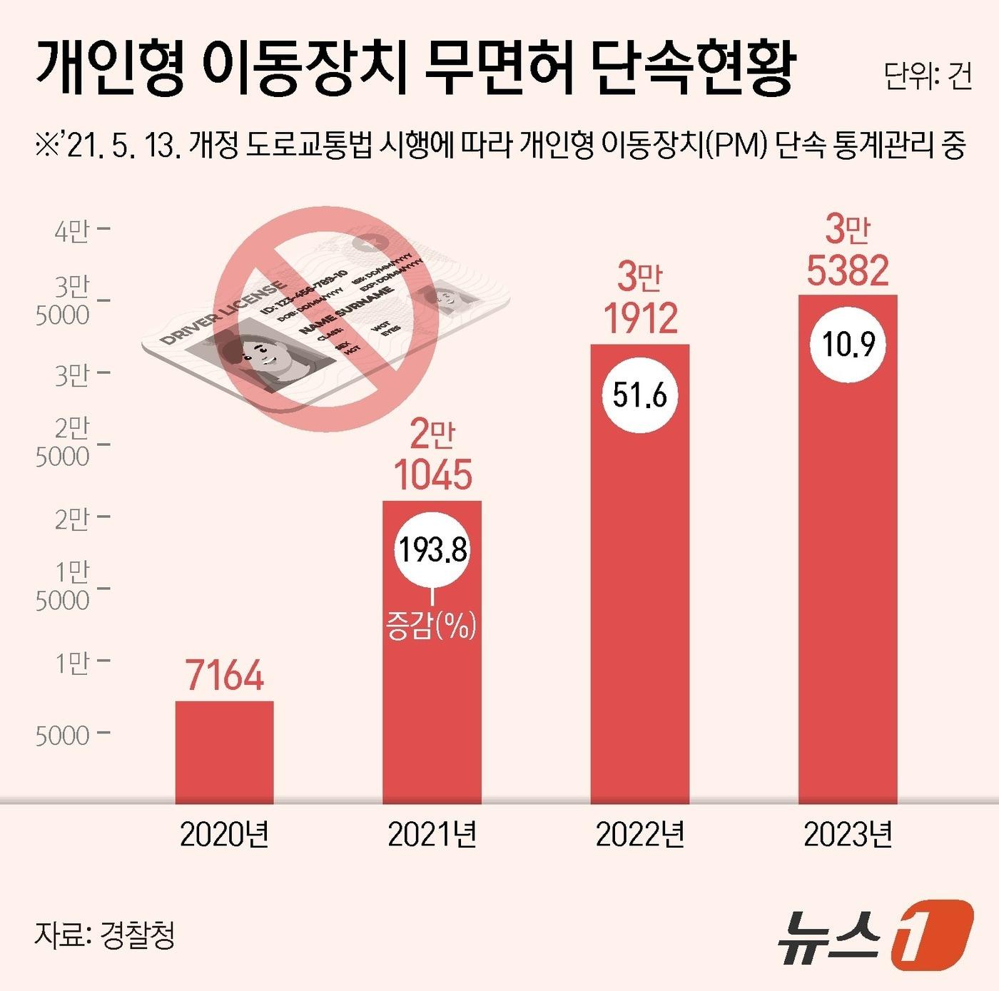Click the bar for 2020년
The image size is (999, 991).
[x=224, y=752]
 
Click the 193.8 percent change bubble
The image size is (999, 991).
[x=432, y=550]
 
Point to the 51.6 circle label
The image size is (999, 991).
[x=639, y=395]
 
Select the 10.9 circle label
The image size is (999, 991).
[x=848, y=345]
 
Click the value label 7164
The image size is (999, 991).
[x=225, y=675]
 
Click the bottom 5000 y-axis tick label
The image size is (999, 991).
[x=63, y=735]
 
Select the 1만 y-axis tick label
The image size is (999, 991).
[x=72, y=663]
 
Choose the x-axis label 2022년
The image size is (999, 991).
[x=640, y=834]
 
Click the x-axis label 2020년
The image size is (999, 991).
[x=224, y=834]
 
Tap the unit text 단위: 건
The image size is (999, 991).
[x=928, y=76]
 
